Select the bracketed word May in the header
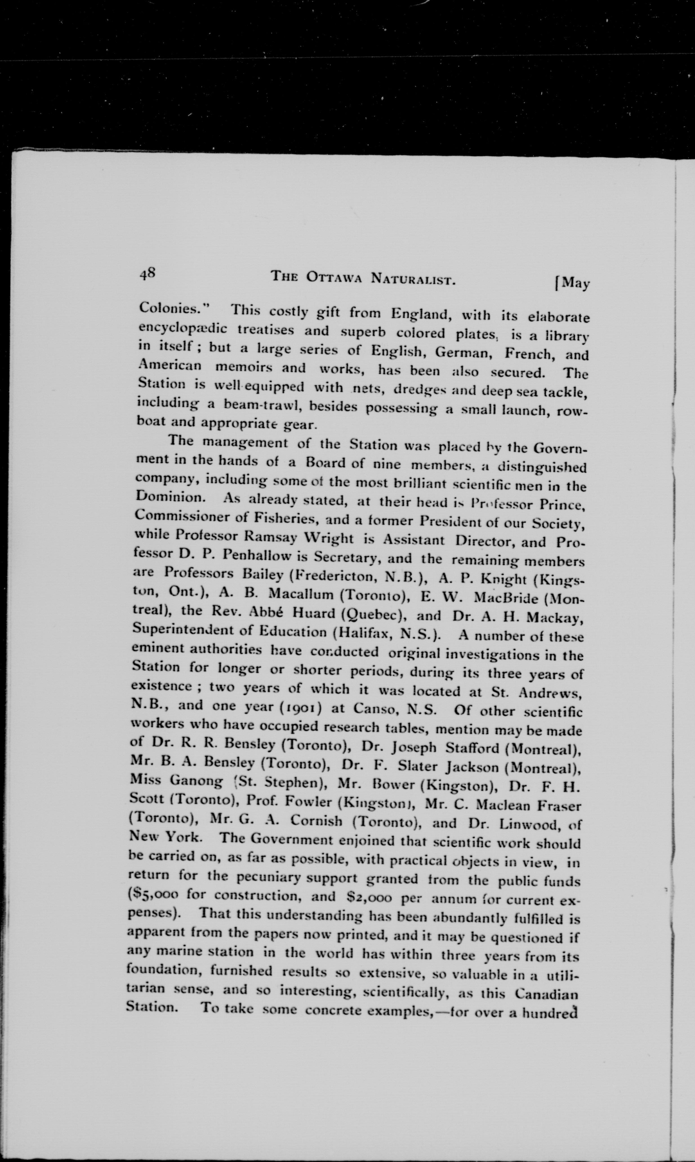coord(574,284)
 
